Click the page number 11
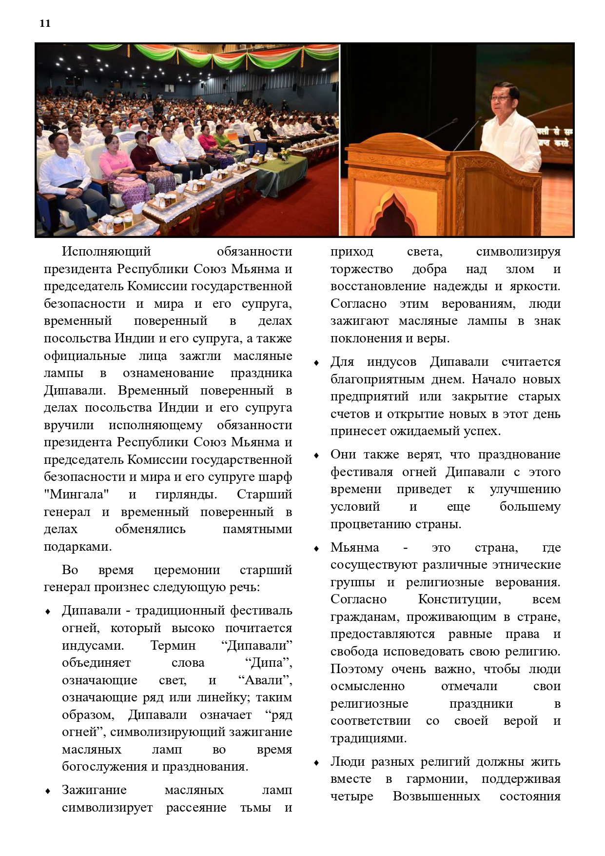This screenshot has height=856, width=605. pos(45,23)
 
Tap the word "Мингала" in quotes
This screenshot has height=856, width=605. pos(77,494)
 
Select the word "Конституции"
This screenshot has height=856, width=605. pos(459,599)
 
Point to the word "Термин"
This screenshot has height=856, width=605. pos(173,645)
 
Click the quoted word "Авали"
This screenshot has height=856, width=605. pos(265,680)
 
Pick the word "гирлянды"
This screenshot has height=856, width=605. pos(186,494)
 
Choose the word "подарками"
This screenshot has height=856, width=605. pos(78,546)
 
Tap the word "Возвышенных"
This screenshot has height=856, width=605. pos(436,796)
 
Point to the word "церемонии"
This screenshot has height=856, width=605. pos(187,570)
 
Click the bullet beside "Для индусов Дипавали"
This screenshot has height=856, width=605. pos(316,362)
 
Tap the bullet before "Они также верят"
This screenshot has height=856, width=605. pos(316,455)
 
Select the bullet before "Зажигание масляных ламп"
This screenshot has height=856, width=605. pos(48,791)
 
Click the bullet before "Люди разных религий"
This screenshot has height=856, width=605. pos(316,762)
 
